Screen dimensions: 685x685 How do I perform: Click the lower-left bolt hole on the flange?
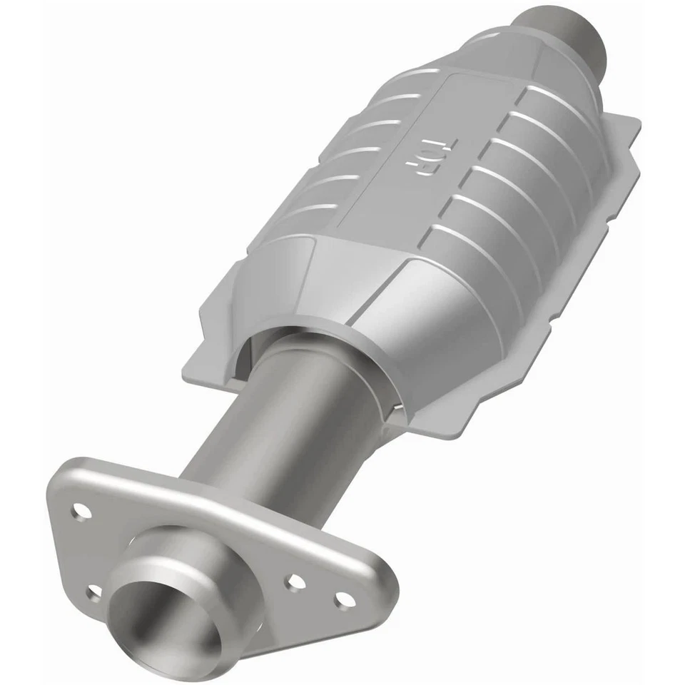[93, 592]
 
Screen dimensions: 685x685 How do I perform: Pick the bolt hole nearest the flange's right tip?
[345, 601]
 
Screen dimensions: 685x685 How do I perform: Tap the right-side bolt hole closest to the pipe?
[295, 582]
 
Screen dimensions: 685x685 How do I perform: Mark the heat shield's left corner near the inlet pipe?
[207, 357]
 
